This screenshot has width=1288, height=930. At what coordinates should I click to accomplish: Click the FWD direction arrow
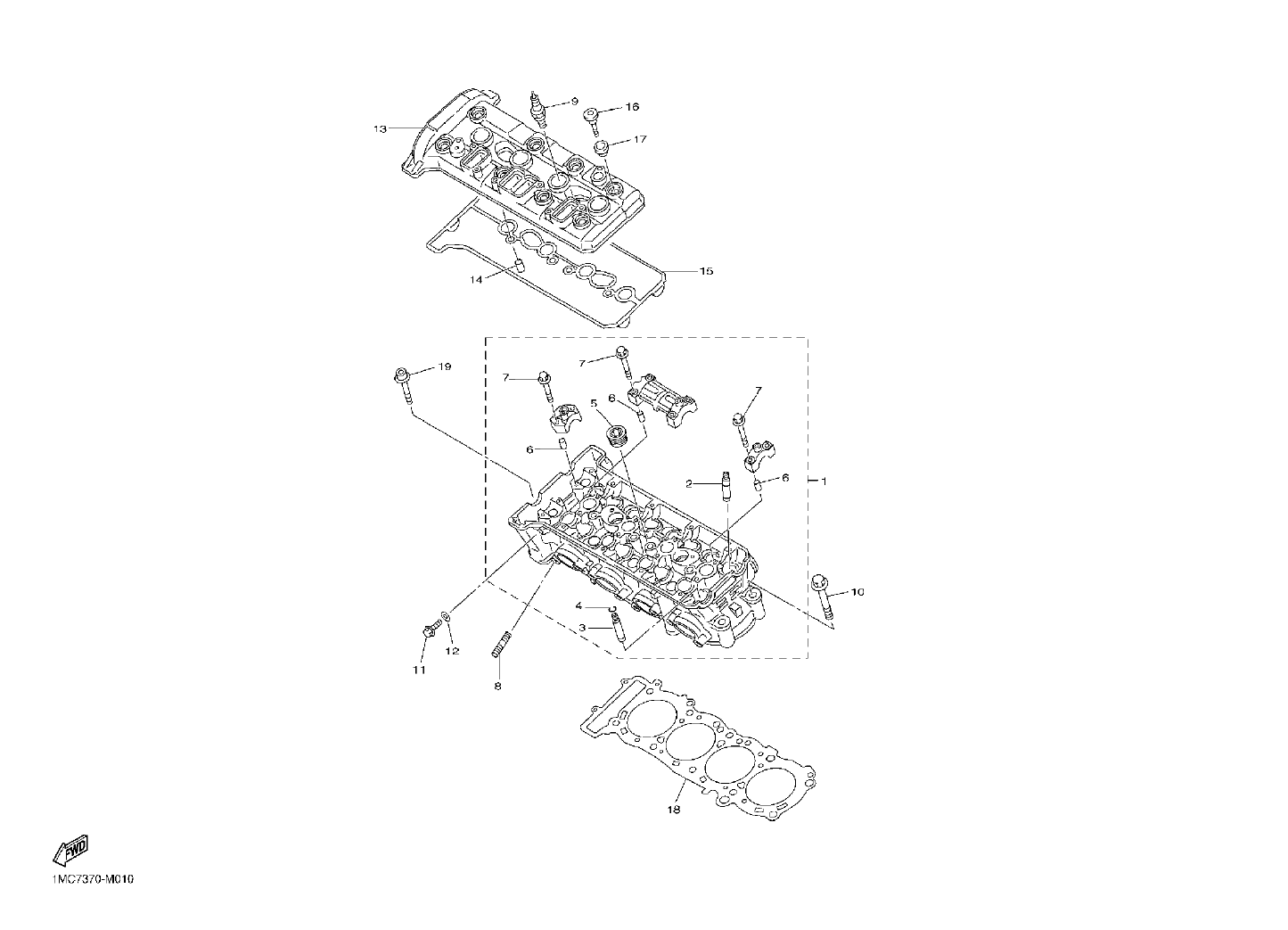(70, 850)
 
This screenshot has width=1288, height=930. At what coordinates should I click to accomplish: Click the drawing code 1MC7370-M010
(93, 879)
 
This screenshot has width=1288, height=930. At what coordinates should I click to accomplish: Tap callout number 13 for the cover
(380, 128)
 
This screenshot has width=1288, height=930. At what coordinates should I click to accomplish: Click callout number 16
(632, 106)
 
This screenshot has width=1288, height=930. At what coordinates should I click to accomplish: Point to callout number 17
(640, 139)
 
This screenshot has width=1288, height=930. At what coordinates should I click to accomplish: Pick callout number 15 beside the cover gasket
(706, 271)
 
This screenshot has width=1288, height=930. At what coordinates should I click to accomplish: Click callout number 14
(476, 280)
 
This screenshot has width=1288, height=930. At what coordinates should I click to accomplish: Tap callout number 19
(445, 366)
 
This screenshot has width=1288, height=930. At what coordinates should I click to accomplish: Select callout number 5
(594, 403)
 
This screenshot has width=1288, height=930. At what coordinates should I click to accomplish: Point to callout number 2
(689, 484)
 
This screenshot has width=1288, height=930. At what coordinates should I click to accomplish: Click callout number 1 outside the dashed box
(824, 481)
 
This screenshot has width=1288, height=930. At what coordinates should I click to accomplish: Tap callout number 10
(857, 592)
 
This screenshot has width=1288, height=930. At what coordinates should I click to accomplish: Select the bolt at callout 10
(822, 597)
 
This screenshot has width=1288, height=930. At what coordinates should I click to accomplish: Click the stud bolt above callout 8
(501, 643)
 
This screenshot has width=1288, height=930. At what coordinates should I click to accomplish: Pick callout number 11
(419, 670)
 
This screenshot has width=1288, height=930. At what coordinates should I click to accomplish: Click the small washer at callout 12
(447, 616)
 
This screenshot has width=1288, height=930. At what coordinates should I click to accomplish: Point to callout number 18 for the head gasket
(674, 810)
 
